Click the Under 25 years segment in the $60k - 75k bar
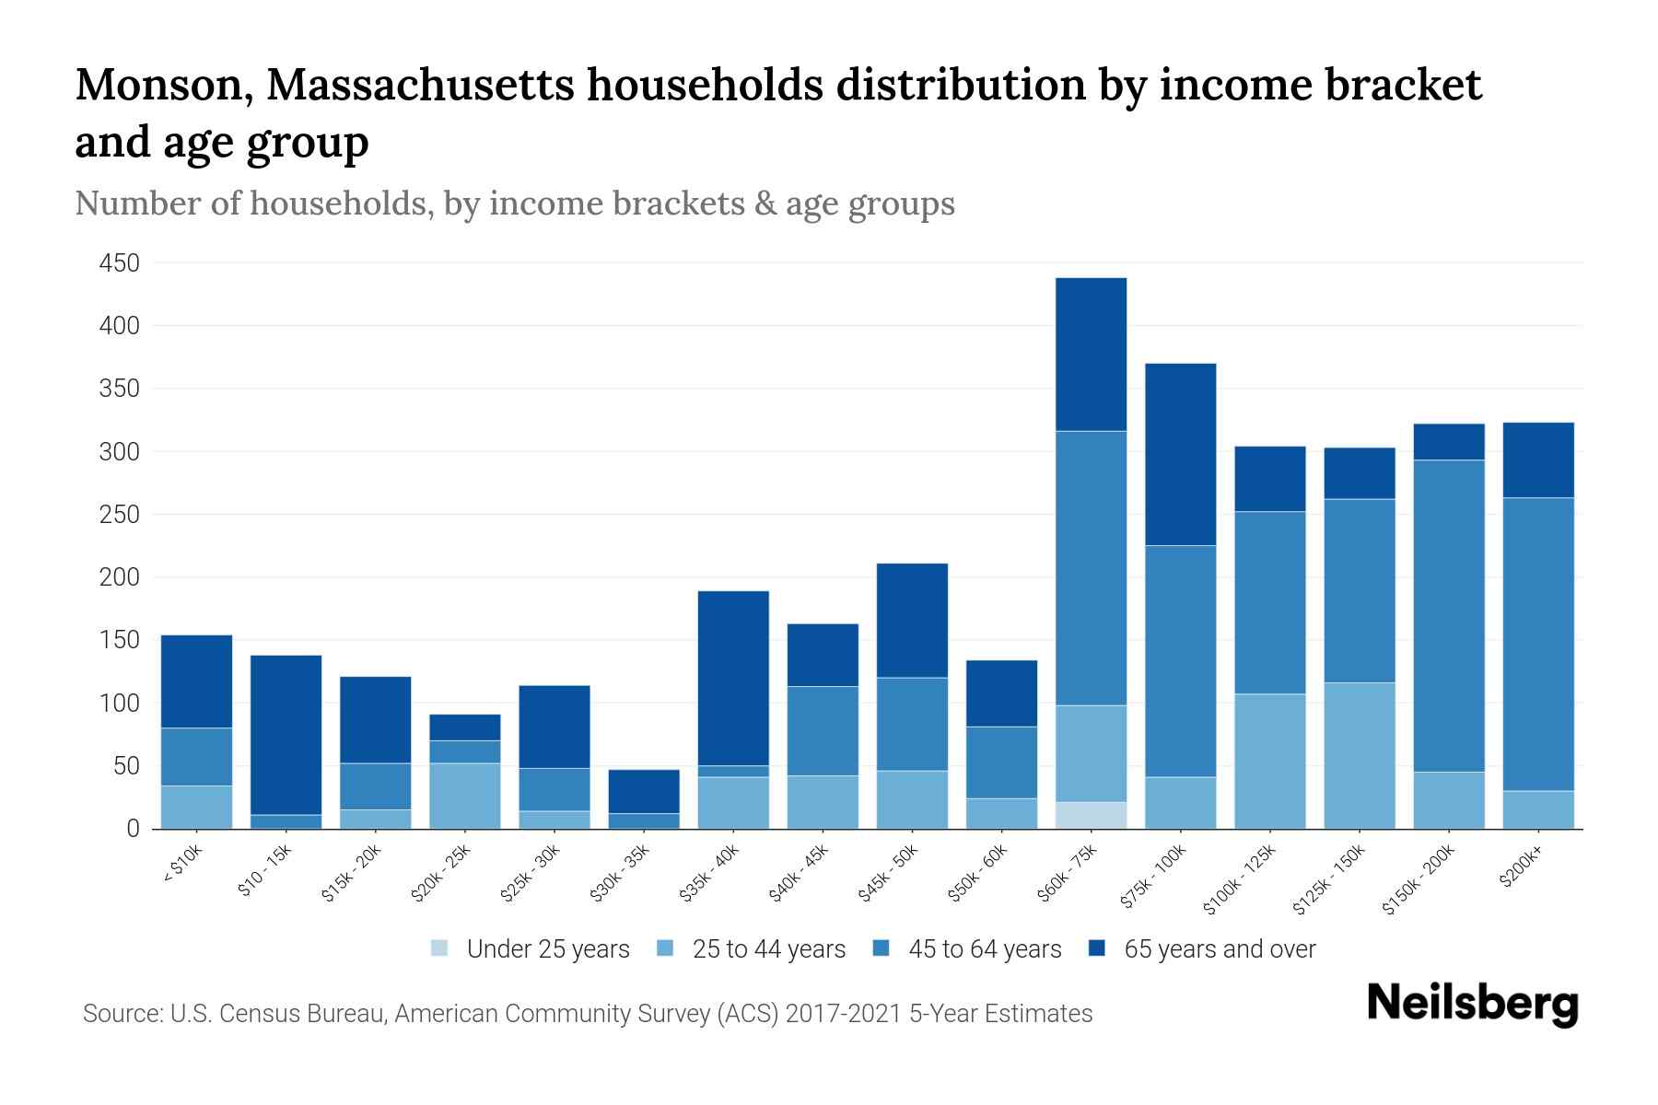coord(1091,815)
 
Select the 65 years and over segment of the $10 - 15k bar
coord(286,734)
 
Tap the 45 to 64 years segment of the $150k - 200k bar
coord(1449,615)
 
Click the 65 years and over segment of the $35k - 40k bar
coord(733,678)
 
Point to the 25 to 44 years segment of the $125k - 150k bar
coord(1360,755)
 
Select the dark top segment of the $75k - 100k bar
coord(1180,454)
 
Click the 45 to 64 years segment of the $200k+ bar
coord(1538,644)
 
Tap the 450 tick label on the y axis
coord(119,263)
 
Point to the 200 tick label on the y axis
coord(119,577)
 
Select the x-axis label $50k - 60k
coord(977,874)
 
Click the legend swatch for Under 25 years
coord(440,948)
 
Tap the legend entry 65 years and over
coord(1219,949)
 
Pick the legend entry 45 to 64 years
coord(984,949)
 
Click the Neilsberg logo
coord(1472,1003)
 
